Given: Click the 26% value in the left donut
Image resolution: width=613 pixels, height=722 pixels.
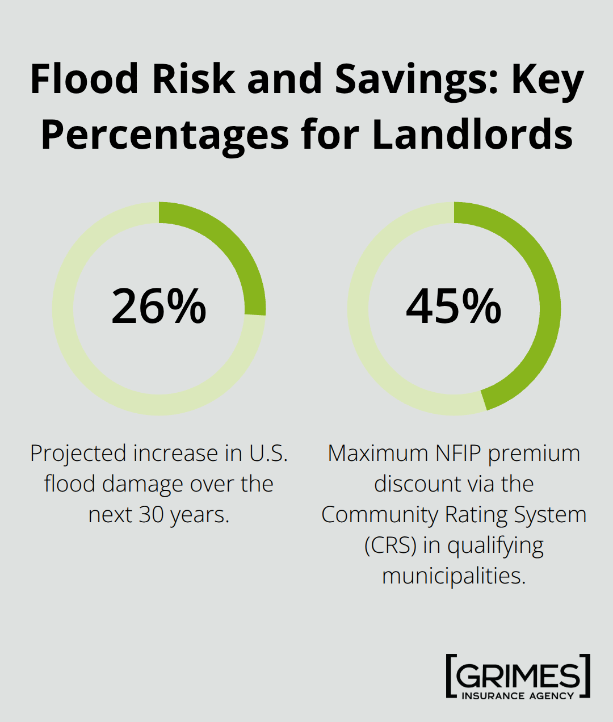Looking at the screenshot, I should point(159,307).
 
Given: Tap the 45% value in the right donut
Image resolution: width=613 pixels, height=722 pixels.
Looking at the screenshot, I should point(454,307).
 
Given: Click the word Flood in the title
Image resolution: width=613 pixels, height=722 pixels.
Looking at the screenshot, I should point(85,79).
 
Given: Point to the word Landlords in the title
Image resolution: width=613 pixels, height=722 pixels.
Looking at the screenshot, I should point(472,135).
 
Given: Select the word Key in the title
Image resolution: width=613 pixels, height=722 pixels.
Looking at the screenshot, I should point(547,79).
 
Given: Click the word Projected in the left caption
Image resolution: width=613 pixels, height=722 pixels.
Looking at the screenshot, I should point(78,454).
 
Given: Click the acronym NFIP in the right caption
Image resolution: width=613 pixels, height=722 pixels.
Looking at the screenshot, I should point(458,454).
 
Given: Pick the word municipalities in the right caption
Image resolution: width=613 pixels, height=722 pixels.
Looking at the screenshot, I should point(454,576).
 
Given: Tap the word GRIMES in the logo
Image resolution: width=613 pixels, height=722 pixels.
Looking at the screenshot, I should point(518,675).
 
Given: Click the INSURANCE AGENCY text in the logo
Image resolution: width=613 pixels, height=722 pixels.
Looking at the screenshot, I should point(518,696).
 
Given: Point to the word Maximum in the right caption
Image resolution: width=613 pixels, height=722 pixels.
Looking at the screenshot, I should point(378,454).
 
